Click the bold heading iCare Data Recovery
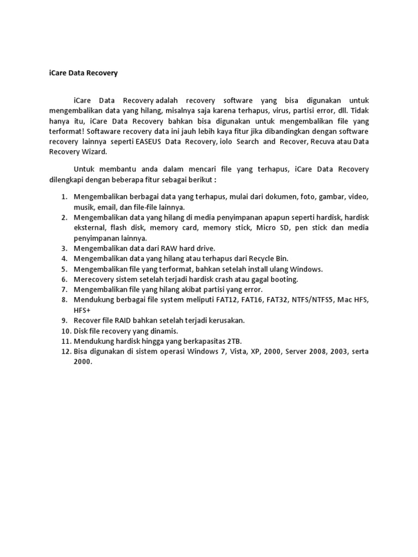click(79, 72)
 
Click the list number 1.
click(63, 196)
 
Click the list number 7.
click(63, 289)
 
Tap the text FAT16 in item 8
click(239, 300)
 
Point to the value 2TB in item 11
click(233, 341)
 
